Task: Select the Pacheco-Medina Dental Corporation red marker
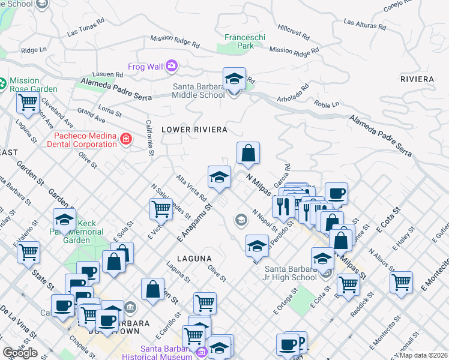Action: tap(125, 140)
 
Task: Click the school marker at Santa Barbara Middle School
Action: tap(234, 79)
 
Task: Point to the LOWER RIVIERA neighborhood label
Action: tap(194, 130)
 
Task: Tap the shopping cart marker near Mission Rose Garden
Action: tap(27, 103)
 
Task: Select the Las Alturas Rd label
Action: tap(364, 24)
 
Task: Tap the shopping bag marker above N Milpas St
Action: tap(248, 154)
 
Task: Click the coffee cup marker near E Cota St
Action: tap(336, 194)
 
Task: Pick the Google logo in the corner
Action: tap(20, 353)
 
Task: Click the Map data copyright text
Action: tap(424, 355)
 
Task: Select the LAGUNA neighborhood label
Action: tap(195, 258)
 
